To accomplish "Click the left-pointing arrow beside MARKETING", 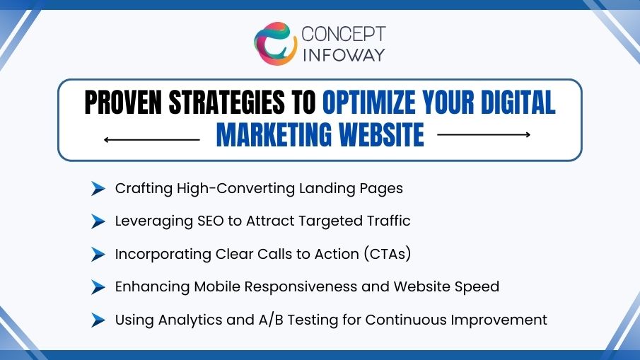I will pyautogui.click(x=151, y=139).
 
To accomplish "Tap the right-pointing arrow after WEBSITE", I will pyautogui.click(x=484, y=134).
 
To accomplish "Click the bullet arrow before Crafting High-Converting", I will pyautogui.click(x=98, y=189).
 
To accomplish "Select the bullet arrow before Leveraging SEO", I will pyautogui.click(x=98, y=221).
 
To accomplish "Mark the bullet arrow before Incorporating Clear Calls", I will pyautogui.click(x=98, y=255).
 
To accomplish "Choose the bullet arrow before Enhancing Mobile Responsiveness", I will pyautogui.click(x=98, y=287).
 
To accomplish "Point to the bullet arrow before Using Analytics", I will pyautogui.click(x=98, y=320).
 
